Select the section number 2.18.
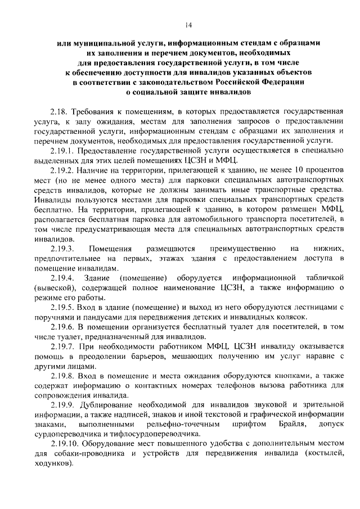tap(57, 112)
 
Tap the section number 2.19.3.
tap(62, 248)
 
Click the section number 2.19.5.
tap(61, 307)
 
